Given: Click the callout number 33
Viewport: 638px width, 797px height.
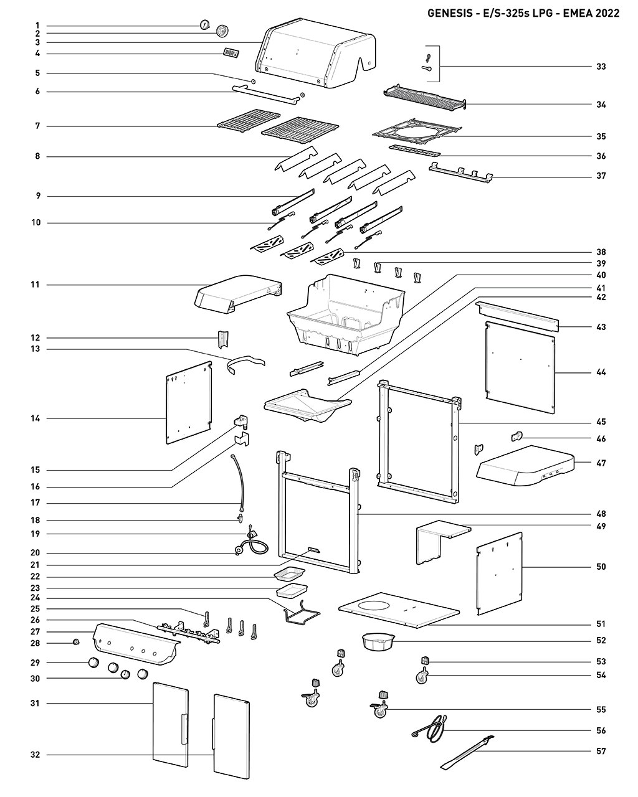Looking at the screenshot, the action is [x=601, y=67].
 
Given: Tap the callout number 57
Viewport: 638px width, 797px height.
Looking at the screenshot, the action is [x=601, y=751].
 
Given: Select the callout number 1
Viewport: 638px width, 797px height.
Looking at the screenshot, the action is [x=37, y=26].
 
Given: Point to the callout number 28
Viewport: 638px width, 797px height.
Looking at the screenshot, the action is [x=36, y=643].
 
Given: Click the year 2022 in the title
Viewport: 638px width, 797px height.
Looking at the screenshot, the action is [x=607, y=13].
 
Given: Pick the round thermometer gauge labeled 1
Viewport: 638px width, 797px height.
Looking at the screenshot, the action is [x=204, y=24].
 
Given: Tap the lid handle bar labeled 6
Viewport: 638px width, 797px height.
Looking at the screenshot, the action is [x=266, y=95].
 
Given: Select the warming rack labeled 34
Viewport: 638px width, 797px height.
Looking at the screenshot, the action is [x=425, y=97].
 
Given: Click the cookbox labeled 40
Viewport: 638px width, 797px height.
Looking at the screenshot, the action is [x=346, y=315].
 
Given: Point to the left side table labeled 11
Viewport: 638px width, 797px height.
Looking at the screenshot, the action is [x=237, y=294].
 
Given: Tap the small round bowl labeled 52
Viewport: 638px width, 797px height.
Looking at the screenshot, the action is [x=378, y=642].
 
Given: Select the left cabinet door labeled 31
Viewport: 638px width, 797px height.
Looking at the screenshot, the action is [x=171, y=725].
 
